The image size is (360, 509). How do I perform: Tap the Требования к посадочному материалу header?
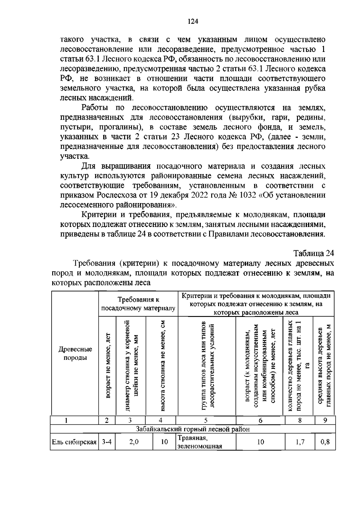tap(138, 304)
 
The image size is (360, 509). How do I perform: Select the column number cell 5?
tap(205, 420)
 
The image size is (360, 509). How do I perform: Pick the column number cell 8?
tap(299, 420)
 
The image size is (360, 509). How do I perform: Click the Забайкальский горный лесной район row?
tap(193, 429)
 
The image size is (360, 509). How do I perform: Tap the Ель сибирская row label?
tap(74, 442)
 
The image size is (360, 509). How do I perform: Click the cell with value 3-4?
tap(106, 442)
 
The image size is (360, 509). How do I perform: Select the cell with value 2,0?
tap(134, 442)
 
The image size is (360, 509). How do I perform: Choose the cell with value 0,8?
tap(325, 442)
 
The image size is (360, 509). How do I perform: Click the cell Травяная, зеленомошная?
tap(199, 442)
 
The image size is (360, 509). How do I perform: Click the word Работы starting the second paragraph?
tap(94, 108)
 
